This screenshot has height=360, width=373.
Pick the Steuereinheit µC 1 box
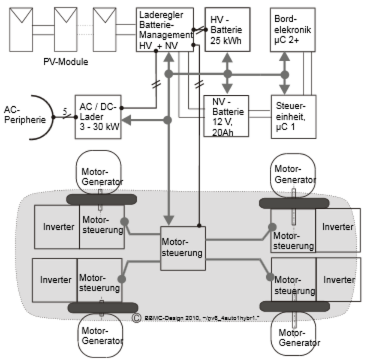291,116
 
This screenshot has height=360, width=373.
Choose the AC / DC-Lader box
98,116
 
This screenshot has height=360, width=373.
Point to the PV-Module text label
65,62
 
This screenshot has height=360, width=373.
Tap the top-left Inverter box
57,227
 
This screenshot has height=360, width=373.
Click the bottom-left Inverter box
55,280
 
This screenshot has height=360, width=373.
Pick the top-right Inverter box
338,227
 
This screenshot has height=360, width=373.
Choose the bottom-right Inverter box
338,280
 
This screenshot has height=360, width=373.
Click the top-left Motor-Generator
101,173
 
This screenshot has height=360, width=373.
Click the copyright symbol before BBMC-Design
137,317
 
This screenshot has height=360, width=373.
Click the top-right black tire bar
294,203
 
